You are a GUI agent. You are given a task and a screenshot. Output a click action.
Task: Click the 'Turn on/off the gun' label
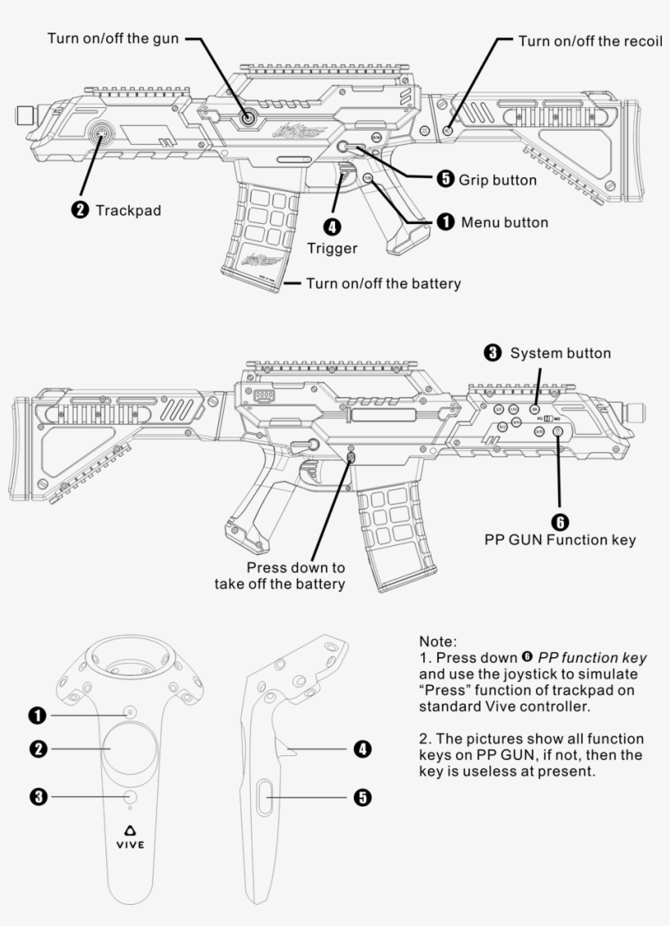(x=112, y=38)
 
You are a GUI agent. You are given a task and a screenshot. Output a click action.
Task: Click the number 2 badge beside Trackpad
(x=80, y=210)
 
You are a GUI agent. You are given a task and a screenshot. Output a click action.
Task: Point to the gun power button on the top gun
(x=248, y=119)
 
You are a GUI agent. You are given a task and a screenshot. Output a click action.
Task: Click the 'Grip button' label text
(x=498, y=180)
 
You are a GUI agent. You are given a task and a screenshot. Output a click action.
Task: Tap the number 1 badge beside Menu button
(x=444, y=222)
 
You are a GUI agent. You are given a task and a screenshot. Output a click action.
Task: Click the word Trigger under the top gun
(x=333, y=248)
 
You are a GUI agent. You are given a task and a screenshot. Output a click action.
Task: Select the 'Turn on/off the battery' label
(x=383, y=284)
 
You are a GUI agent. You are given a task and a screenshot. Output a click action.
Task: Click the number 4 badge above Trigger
(x=333, y=226)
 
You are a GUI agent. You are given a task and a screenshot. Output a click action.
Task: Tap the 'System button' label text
(x=561, y=353)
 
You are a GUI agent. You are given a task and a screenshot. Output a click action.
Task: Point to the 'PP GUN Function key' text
(x=560, y=539)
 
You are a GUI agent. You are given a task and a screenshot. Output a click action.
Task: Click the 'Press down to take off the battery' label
(x=279, y=575)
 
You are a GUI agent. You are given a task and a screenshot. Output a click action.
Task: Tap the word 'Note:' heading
(x=436, y=642)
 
